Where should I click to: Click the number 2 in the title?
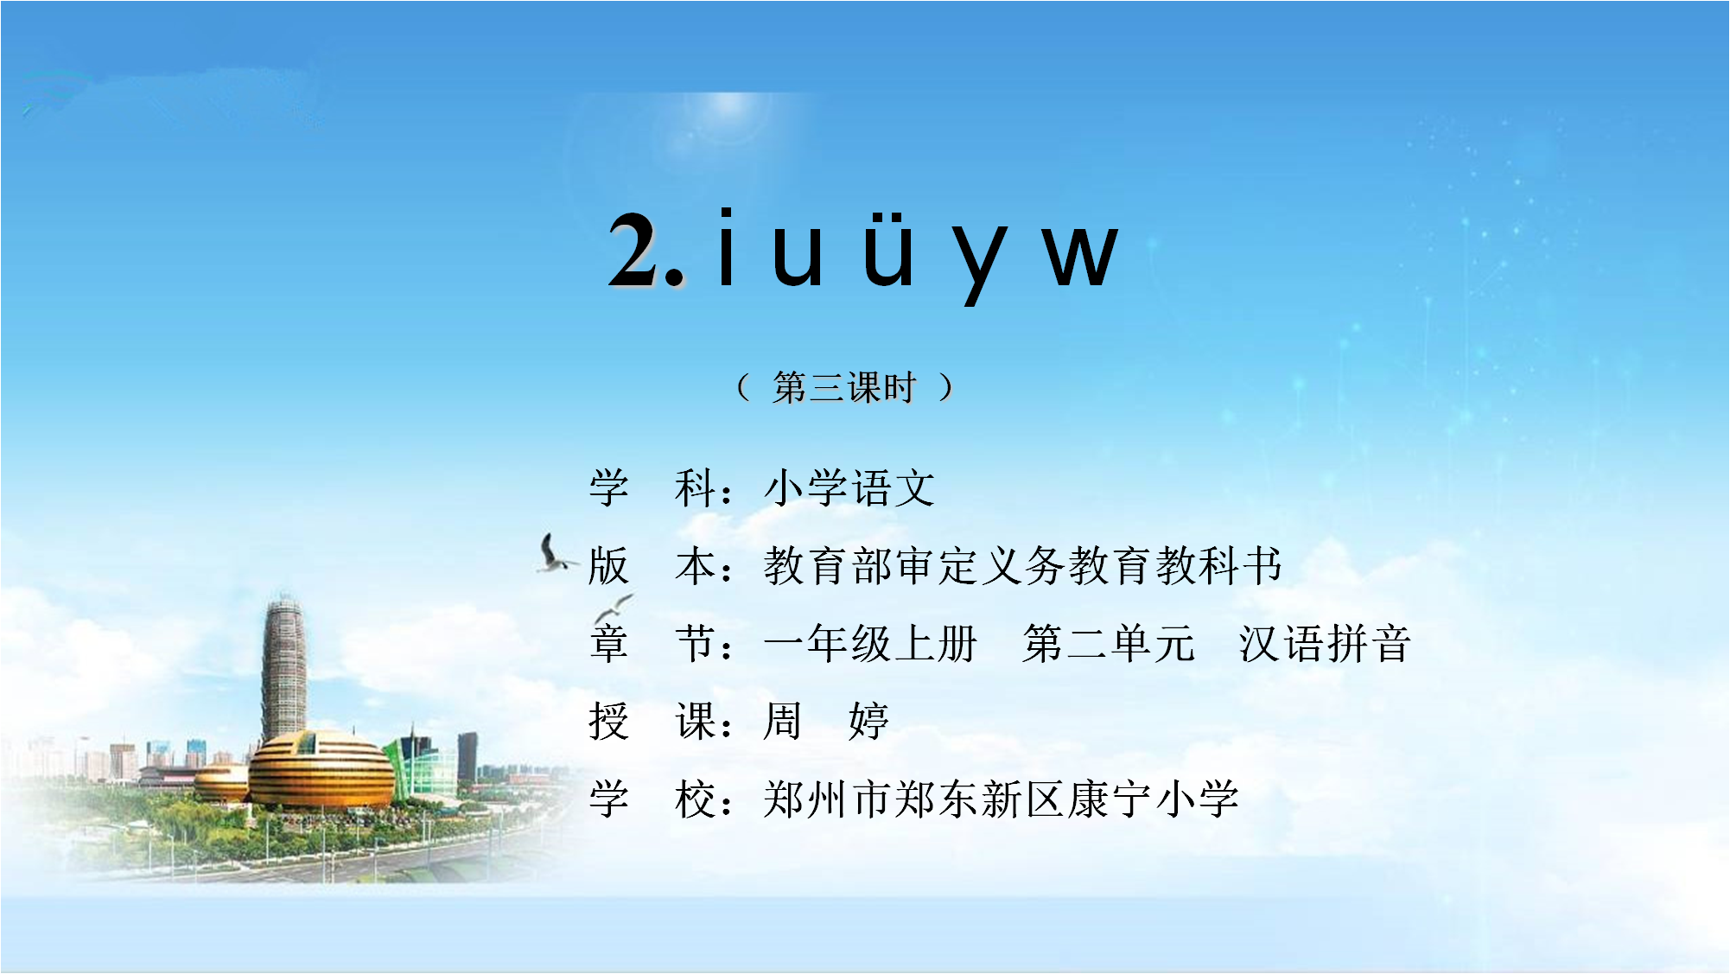click(x=634, y=249)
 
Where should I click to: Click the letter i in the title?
click(x=727, y=247)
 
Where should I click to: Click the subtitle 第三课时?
click(x=844, y=387)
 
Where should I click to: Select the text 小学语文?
click(x=849, y=487)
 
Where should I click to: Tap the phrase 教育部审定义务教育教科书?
click(x=1022, y=565)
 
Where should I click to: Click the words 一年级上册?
click(x=870, y=643)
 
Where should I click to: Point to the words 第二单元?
click(x=1109, y=643)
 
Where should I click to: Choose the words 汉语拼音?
click(x=1325, y=643)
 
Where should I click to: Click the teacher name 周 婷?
click(x=826, y=721)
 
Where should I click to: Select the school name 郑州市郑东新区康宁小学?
click(x=1002, y=799)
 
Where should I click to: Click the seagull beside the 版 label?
click(x=554, y=553)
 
